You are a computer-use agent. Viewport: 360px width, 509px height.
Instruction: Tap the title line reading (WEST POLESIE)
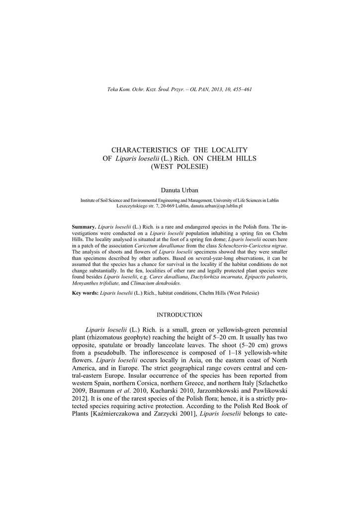[x=180, y=167]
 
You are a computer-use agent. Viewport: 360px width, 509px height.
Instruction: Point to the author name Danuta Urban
[x=180, y=190]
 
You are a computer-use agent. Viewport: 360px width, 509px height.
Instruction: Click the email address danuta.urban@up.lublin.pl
[x=219, y=205]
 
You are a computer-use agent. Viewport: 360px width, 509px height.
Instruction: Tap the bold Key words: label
[x=86, y=293]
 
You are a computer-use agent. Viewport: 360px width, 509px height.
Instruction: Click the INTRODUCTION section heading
[x=180, y=315]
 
